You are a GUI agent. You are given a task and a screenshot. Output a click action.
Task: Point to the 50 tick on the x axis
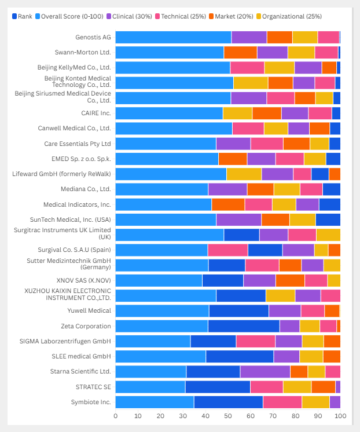click(228, 416)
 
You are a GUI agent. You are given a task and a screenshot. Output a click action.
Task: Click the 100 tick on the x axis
click(340, 416)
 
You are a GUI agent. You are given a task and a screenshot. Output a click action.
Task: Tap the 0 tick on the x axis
click(116, 416)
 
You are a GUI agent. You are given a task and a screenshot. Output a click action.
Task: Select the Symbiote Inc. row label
click(90, 401)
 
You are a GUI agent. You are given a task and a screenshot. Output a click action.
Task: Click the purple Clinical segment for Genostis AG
click(249, 38)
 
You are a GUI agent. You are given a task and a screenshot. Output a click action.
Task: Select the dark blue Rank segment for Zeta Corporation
click(244, 326)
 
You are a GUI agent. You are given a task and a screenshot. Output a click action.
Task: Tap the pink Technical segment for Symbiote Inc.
click(282, 402)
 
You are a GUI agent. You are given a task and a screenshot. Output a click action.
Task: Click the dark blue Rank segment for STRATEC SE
click(218, 387)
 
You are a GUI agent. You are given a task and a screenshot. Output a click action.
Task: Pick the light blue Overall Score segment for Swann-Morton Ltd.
click(170, 53)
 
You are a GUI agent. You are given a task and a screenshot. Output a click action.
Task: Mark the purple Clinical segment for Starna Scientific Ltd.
click(265, 372)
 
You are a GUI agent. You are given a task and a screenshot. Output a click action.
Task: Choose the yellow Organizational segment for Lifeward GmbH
click(244, 174)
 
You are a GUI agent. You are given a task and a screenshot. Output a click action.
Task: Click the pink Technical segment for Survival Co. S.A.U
click(227, 250)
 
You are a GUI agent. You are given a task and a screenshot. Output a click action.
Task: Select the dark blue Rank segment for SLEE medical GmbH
click(240, 356)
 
